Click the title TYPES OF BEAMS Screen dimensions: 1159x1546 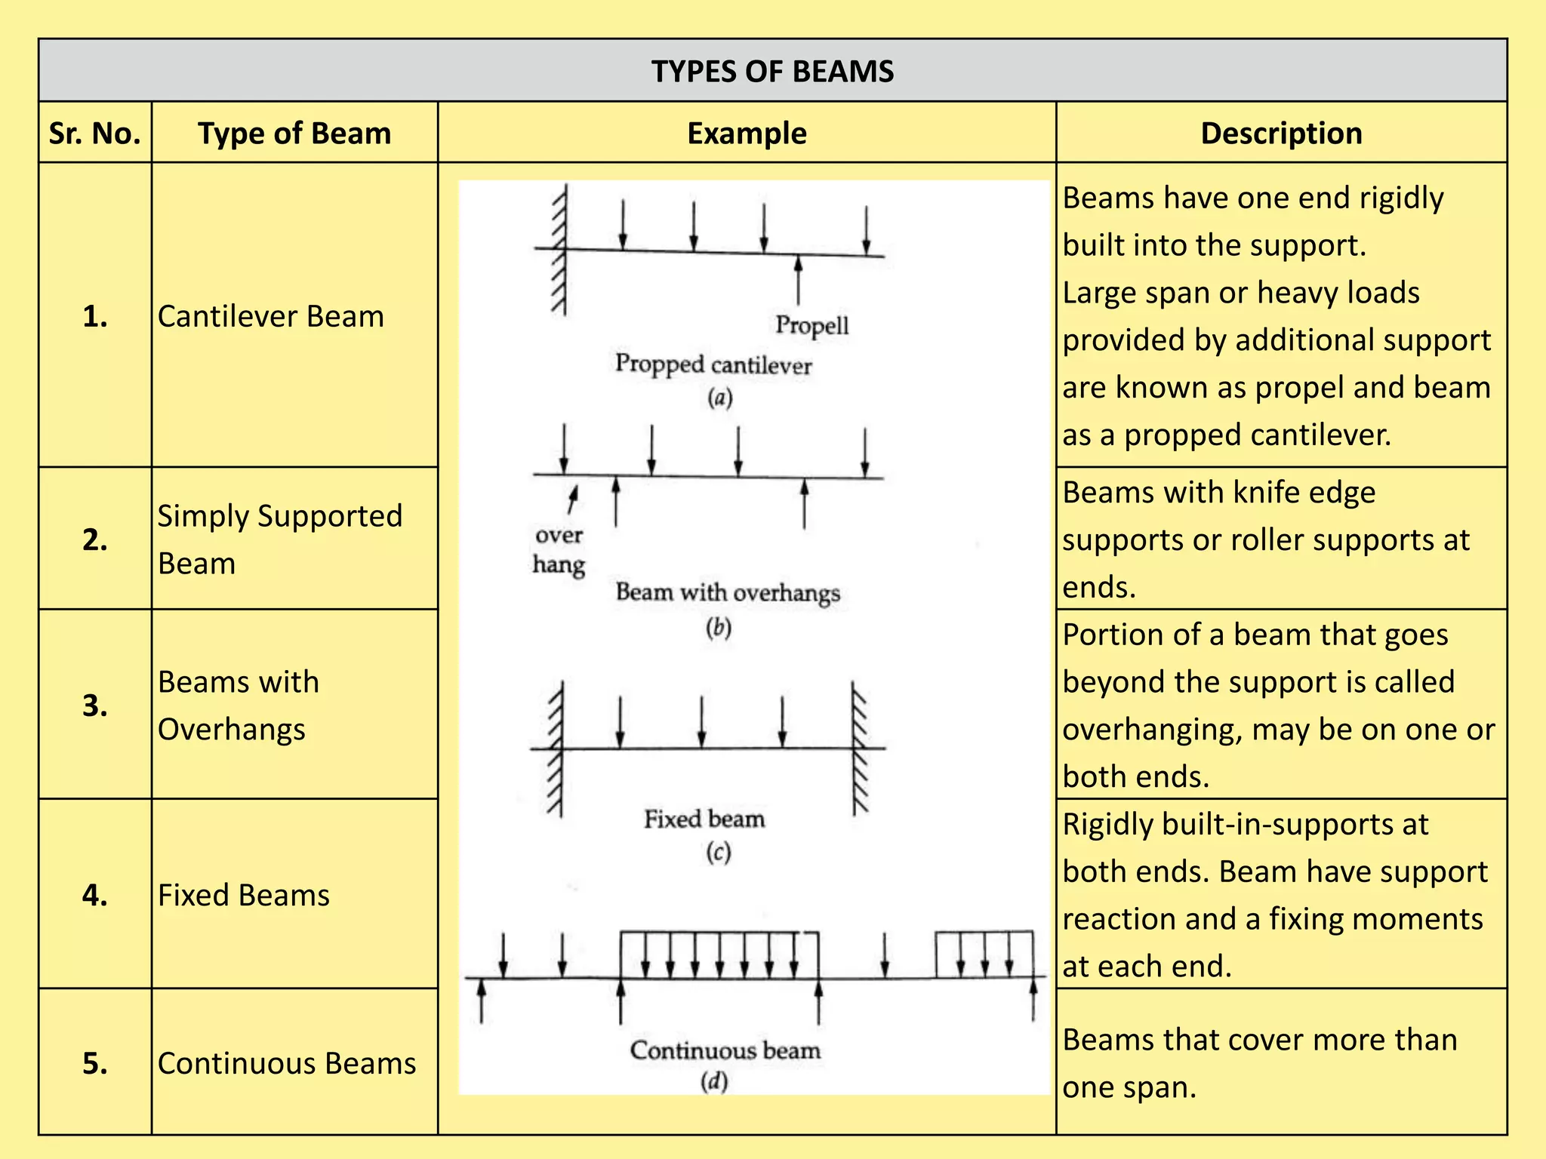(x=772, y=71)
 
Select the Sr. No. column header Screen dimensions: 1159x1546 (x=95, y=134)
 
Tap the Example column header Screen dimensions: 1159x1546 (x=747, y=134)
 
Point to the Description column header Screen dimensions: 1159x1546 (x=1281, y=134)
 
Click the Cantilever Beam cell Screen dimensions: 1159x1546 (x=270, y=316)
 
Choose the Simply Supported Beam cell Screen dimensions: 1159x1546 (x=279, y=539)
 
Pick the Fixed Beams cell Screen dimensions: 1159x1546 (x=243, y=895)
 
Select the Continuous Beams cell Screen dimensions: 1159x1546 (x=287, y=1063)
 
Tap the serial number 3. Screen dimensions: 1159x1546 (x=95, y=705)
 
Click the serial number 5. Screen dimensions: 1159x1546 (x=95, y=1063)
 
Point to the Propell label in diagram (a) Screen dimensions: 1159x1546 (x=811, y=325)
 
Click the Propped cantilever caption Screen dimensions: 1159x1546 (x=713, y=364)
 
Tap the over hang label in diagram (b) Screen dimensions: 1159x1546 (x=559, y=550)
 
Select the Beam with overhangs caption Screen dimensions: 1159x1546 (x=728, y=592)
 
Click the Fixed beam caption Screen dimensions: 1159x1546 (x=704, y=819)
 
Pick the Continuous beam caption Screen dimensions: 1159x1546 (x=725, y=1050)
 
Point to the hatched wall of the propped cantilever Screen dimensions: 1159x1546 (x=559, y=249)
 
